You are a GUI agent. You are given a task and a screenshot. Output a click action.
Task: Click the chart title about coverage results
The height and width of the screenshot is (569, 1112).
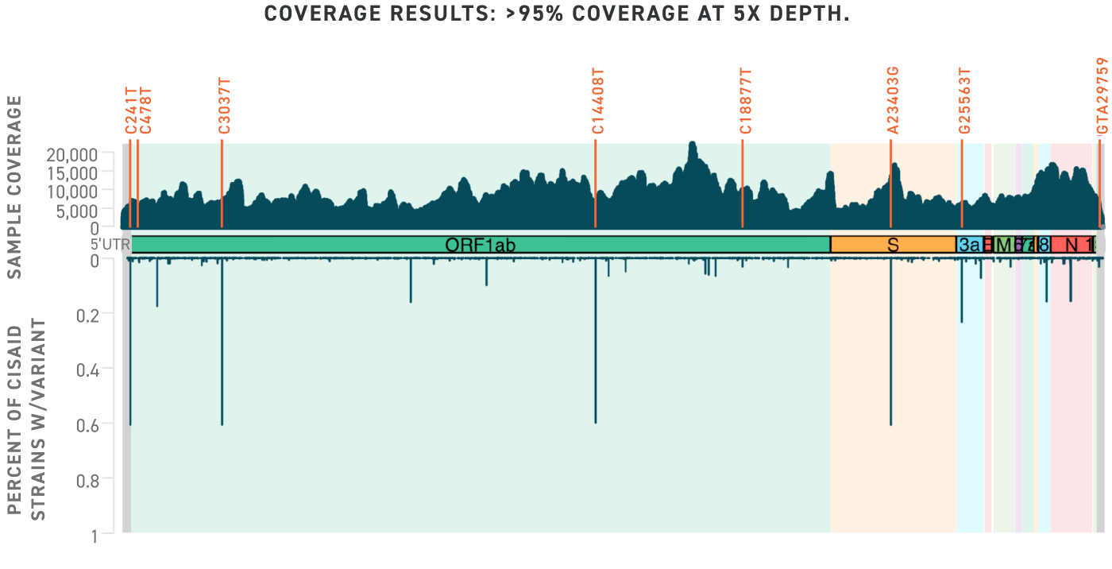556,14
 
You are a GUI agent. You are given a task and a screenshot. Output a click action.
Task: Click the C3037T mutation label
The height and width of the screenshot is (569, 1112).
224,106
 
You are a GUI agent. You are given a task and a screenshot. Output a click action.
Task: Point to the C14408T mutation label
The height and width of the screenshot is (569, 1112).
598,101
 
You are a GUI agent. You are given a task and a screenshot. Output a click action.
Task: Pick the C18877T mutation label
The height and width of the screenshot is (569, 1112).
745,101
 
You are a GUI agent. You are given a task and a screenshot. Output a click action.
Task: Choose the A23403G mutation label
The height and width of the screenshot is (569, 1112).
893,101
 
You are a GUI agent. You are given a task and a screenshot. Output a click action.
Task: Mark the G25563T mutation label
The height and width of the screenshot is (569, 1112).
964,101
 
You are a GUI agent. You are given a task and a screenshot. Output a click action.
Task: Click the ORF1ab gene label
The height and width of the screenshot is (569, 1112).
480,246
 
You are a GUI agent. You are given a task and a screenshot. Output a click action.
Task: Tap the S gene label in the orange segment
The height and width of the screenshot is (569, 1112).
893,246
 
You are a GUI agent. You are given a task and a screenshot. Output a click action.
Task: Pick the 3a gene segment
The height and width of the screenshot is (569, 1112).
970,246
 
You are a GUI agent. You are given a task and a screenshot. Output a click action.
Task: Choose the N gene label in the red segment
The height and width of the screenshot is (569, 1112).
1071,246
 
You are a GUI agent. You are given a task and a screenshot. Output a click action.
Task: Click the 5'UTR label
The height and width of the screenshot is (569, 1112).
110,246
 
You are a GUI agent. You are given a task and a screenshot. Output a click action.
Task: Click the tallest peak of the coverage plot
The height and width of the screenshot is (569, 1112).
693,145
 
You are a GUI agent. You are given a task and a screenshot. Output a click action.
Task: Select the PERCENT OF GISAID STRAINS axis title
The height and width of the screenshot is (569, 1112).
27,419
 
